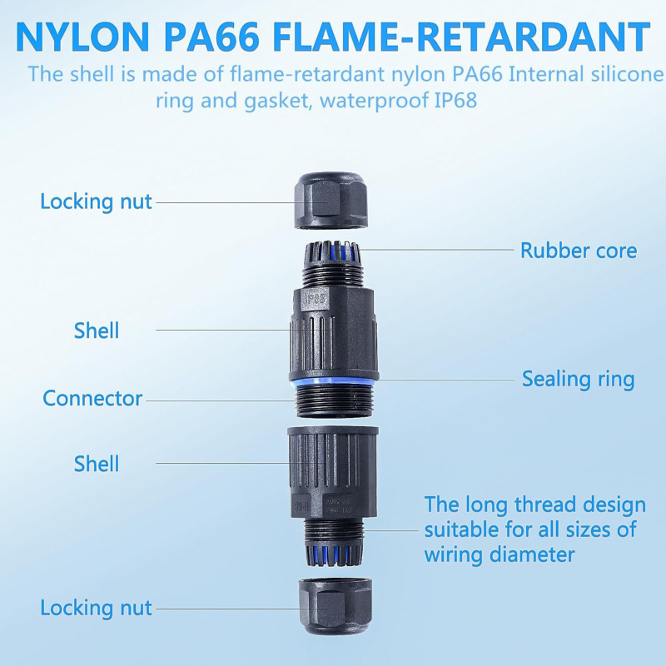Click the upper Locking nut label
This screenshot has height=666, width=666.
97,201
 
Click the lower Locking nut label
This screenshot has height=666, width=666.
97,608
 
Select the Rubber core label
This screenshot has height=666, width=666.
579,250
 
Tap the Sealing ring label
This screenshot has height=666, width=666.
578,380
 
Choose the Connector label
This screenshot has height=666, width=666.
92,398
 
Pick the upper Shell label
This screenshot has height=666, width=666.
97,331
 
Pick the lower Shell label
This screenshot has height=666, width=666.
97,464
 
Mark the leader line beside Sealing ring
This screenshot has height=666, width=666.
441,380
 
